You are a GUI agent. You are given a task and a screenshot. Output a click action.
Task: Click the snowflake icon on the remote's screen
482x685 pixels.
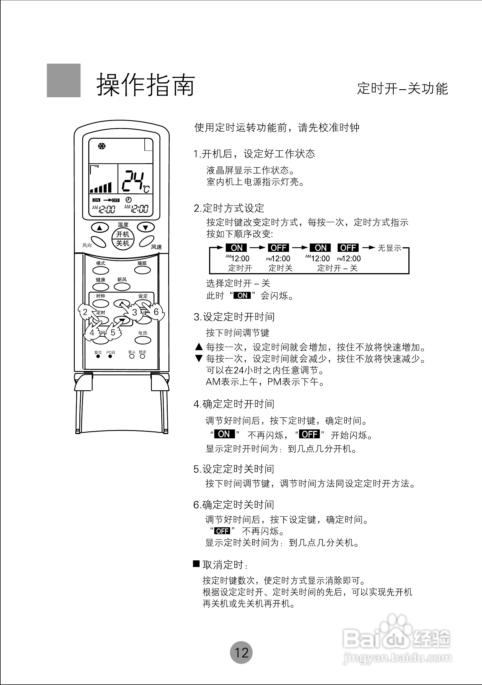tap(102, 146)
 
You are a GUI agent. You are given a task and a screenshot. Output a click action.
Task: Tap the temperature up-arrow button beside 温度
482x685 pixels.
tap(100, 228)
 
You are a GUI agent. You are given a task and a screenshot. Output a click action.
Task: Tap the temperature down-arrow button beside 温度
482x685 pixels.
tap(146, 228)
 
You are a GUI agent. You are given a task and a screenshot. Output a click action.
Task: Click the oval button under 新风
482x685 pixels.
tap(122, 287)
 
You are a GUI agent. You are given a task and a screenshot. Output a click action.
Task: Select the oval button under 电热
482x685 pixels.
tap(143, 340)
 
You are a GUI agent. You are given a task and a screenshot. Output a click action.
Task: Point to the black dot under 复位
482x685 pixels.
tap(98, 356)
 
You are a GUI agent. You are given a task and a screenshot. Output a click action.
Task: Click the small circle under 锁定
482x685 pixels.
tap(142, 356)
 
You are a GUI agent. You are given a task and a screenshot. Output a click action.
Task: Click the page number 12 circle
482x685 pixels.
tap(241, 652)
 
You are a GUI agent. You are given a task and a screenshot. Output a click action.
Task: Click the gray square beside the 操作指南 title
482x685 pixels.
tap(64, 80)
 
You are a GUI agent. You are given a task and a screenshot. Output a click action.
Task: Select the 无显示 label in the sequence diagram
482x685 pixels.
tap(390, 248)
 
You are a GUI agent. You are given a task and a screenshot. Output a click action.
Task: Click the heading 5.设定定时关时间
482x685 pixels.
tap(234, 469)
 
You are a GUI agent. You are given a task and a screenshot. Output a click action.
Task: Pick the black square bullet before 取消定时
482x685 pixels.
tap(196, 563)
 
